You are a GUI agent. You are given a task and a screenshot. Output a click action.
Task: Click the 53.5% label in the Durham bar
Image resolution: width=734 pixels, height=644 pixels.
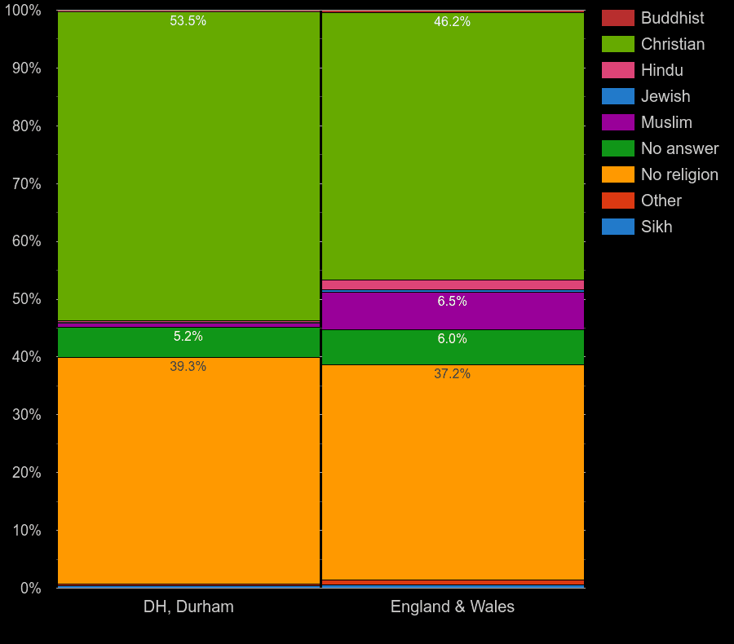tap(188, 21)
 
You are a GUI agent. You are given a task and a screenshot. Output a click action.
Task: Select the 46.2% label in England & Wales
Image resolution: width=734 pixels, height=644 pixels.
tap(452, 22)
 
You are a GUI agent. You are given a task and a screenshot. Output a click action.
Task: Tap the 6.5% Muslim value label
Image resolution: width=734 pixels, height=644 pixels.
tap(452, 302)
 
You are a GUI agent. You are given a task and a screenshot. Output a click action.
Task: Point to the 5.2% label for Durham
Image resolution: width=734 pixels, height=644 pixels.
tap(188, 337)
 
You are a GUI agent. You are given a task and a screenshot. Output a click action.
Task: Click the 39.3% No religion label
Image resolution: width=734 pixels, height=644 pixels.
tap(188, 367)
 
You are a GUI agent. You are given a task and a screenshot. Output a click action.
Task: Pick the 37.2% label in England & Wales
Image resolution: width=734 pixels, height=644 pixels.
tap(452, 374)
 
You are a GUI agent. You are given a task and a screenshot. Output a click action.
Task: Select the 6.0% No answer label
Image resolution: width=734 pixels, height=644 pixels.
tap(452, 339)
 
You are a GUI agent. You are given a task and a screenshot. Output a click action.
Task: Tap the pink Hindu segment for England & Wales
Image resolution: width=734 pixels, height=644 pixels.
tap(453, 285)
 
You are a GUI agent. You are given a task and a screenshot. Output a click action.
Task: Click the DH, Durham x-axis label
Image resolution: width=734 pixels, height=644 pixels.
tap(188, 607)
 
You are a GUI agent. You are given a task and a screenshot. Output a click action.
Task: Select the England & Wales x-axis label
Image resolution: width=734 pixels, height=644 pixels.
tap(453, 607)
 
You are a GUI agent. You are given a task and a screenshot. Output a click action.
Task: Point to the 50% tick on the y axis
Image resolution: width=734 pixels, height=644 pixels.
tap(26, 299)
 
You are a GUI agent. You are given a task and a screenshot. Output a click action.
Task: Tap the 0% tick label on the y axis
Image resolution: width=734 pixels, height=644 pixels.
tap(30, 588)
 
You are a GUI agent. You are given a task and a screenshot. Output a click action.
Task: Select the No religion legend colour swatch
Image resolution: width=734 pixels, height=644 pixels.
tap(617, 174)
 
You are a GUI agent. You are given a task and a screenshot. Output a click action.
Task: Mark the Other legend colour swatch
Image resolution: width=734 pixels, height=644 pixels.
tap(617, 201)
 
